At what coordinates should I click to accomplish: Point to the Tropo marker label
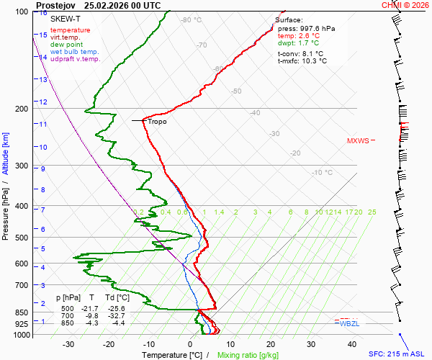157,122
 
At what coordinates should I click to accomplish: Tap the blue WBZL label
349,324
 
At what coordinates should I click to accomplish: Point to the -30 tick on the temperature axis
68,344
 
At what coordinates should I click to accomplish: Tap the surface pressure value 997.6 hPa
317,28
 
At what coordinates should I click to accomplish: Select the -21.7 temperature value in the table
91,308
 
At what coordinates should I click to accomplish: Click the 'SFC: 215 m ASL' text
395,354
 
